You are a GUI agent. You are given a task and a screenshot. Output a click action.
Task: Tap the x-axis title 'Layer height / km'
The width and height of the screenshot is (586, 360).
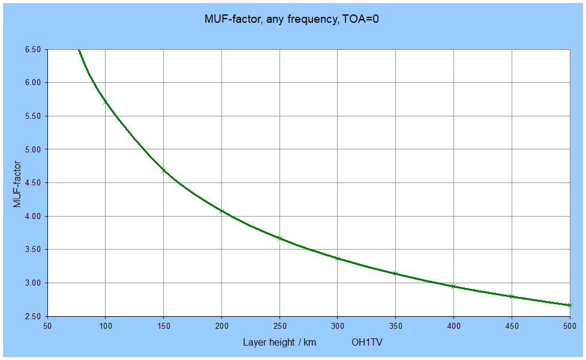click(279, 343)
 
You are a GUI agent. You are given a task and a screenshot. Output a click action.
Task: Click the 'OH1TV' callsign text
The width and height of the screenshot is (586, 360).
click(367, 343)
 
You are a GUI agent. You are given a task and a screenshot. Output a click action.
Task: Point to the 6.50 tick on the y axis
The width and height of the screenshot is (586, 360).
click(32, 49)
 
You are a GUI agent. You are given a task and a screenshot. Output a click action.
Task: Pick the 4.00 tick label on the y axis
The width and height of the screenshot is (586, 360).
click(32, 216)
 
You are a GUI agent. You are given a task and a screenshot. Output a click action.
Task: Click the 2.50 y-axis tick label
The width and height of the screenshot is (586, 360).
click(32, 316)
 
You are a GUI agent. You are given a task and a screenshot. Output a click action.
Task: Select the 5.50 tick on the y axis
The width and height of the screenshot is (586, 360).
click(32, 116)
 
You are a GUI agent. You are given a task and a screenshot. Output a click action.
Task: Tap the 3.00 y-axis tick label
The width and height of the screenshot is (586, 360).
click(32, 283)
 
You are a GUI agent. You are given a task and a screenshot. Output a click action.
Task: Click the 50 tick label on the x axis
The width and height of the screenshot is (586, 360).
click(47, 326)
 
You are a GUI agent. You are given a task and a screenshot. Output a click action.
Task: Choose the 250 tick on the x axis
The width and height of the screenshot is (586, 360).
click(280, 326)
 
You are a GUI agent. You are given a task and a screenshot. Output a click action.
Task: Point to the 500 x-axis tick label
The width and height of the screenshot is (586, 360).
click(570, 326)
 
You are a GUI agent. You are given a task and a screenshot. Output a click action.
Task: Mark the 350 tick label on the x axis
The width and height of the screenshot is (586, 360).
click(395, 326)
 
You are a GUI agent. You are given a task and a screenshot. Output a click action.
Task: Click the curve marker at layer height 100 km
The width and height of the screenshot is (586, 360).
click(106, 102)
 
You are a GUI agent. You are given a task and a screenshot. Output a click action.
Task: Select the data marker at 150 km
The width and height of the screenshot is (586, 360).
click(164, 170)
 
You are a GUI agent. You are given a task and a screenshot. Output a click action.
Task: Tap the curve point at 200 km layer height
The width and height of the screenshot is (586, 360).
click(222, 211)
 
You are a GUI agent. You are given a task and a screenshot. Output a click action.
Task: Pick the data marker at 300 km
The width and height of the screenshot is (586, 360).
click(338, 259)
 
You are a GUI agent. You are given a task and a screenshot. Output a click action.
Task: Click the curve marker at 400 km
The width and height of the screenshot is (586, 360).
click(453, 286)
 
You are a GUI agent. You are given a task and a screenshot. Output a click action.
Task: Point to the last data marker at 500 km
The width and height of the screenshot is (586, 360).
click(570, 305)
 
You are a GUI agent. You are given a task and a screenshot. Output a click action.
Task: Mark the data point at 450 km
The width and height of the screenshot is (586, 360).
click(512, 296)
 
